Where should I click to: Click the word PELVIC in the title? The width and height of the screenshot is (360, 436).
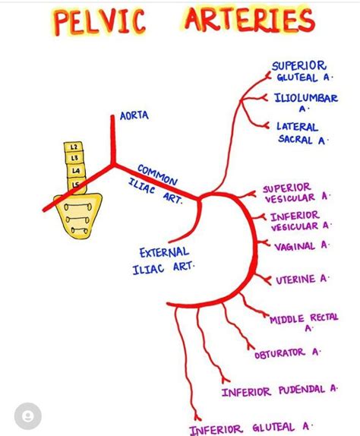(x=99, y=22)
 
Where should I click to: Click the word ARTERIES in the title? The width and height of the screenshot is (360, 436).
(x=250, y=19)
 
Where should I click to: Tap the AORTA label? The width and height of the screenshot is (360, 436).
(x=134, y=115)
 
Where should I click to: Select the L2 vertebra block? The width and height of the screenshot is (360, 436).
(x=74, y=147)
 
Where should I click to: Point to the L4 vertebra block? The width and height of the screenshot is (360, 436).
(x=76, y=170)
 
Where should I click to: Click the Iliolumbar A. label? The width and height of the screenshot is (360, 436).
(x=306, y=103)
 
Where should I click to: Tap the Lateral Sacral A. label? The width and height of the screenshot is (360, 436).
(x=302, y=134)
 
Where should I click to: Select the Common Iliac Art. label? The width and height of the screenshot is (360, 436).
(x=156, y=184)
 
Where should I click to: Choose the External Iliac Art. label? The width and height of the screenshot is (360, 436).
(x=163, y=261)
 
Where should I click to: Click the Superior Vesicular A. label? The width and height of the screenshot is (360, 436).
(x=296, y=193)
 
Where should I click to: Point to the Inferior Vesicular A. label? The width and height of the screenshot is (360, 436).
(x=300, y=221)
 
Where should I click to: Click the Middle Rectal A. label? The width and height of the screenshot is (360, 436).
(x=304, y=322)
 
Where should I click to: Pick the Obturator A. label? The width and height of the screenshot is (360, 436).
(x=287, y=353)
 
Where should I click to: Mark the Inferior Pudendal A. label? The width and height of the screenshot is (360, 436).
(x=279, y=390)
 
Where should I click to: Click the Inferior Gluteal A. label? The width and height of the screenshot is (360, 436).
(x=251, y=428)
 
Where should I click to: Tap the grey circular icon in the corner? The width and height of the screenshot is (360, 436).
(x=28, y=416)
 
